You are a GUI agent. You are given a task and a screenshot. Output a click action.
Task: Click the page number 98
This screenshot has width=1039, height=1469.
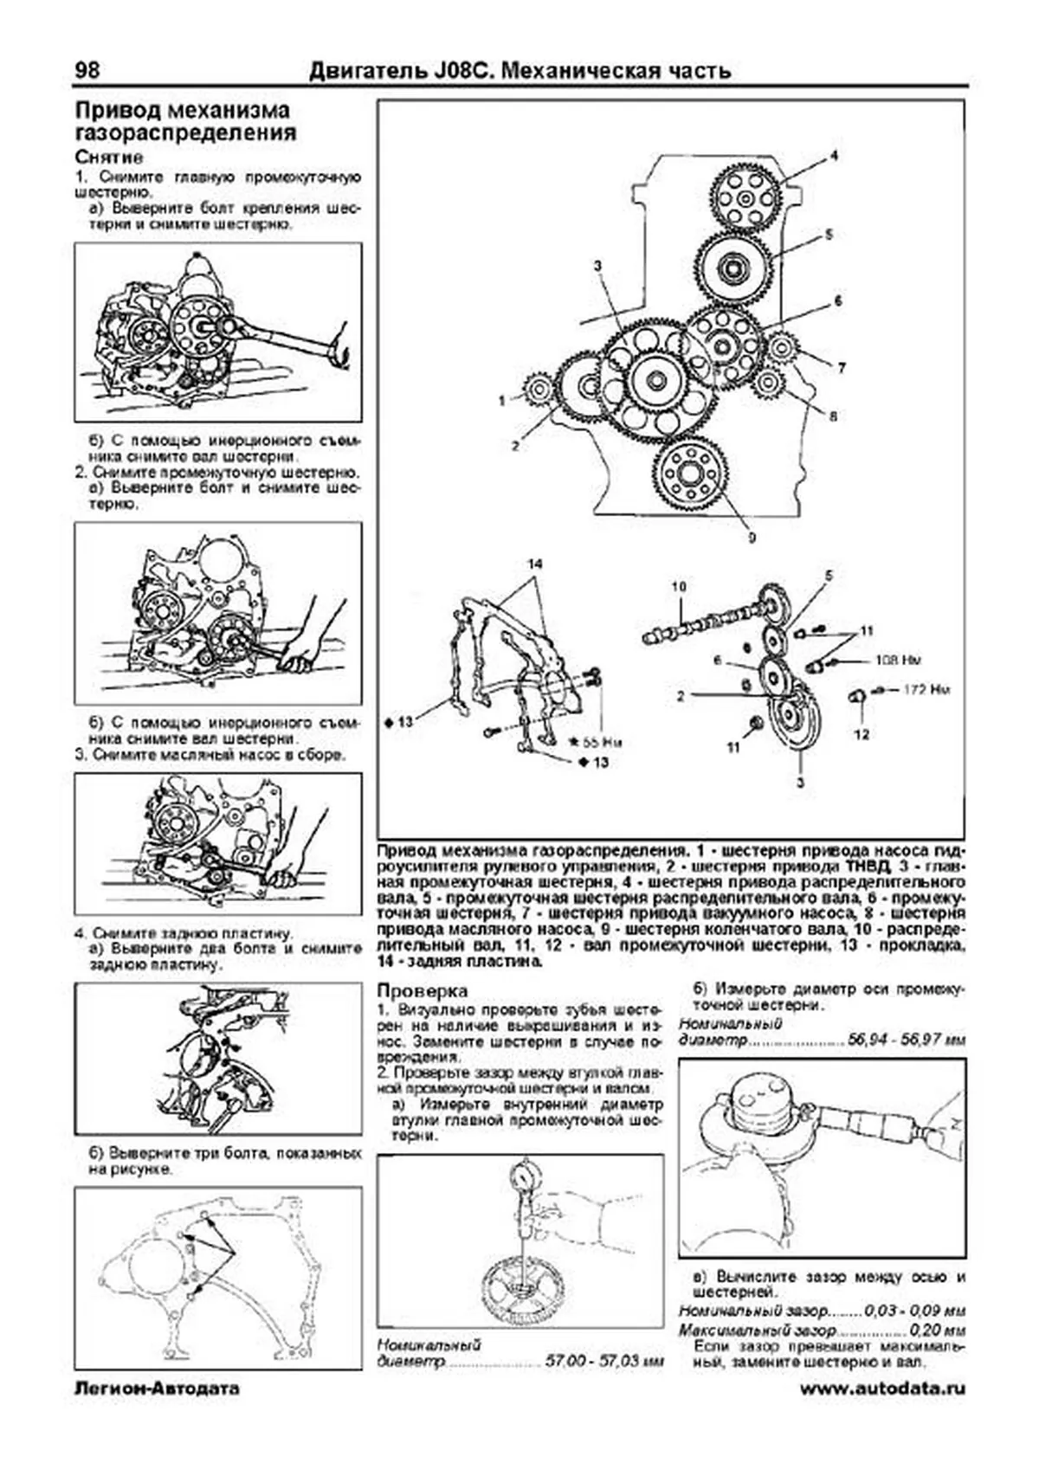pyautogui.click(x=87, y=70)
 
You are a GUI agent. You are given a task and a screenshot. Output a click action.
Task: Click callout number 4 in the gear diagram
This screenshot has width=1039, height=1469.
pyautogui.click(x=834, y=157)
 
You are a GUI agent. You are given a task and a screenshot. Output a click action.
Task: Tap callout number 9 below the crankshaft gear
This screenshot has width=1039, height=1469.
pyautogui.click(x=752, y=538)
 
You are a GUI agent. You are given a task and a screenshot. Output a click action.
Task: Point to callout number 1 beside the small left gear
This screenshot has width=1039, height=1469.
pyautogui.click(x=501, y=401)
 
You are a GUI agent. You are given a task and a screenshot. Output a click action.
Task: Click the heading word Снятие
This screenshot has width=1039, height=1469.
pyautogui.click(x=109, y=158)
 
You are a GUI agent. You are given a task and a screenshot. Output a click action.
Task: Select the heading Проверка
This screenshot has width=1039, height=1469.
pyautogui.click(x=422, y=990)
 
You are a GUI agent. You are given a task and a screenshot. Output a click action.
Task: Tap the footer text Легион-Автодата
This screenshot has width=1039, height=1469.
pyautogui.click(x=157, y=1389)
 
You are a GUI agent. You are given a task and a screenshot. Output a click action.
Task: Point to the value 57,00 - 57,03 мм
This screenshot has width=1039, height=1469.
pyautogui.click(x=603, y=1362)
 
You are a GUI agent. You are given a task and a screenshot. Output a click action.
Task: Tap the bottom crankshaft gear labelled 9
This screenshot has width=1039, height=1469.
pyautogui.click(x=690, y=475)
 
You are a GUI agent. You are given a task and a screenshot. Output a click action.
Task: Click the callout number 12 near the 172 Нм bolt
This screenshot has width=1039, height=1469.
pyautogui.click(x=861, y=735)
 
